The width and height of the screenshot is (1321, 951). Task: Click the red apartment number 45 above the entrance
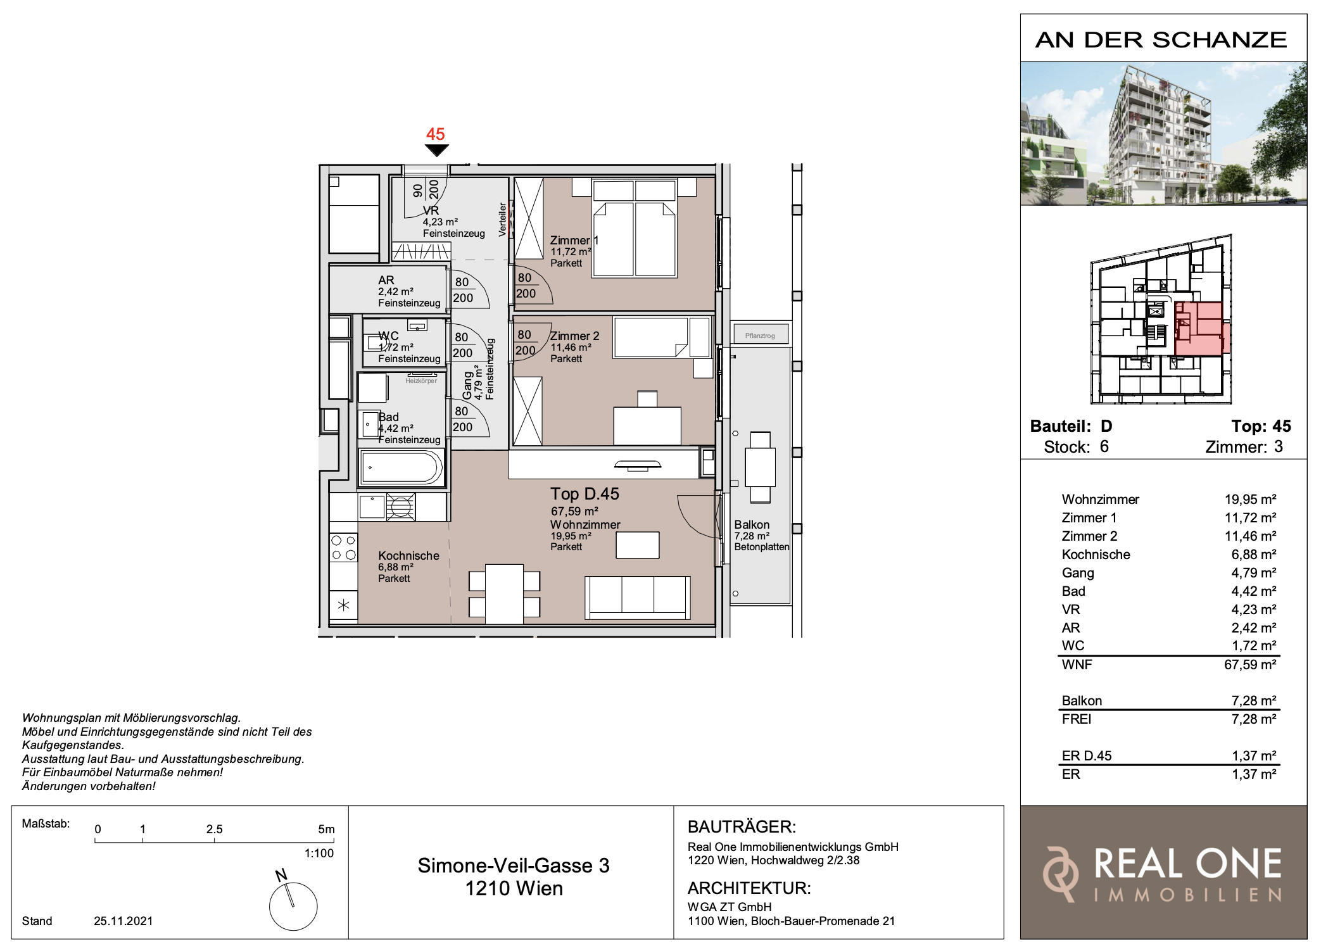[x=436, y=134]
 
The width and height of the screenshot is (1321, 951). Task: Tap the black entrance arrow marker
[x=436, y=150]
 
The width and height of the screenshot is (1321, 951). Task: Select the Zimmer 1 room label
[x=574, y=241]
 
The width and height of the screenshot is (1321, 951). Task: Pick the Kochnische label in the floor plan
[x=408, y=555]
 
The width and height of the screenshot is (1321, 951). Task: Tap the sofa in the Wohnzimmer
[x=638, y=597]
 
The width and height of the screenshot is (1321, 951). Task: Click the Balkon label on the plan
[x=752, y=524]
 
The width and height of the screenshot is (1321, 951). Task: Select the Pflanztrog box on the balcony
[x=760, y=335]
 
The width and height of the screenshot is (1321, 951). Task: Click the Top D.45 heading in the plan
[x=585, y=494]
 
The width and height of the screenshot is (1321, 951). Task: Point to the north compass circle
[x=293, y=906]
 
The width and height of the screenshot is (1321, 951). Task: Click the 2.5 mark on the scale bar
[x=214, y=829]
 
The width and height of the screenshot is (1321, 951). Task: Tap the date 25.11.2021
[x=123, y=921]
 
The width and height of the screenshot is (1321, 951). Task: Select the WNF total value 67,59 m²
[x=1250, y=664]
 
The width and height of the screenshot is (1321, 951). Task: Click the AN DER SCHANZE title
[x=1161, y=39]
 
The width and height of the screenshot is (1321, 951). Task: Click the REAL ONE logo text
[x=1188, y=864]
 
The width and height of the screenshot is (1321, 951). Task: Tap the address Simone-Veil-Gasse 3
[x=514, y=866]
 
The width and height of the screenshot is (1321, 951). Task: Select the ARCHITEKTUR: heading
[x=749, y=888]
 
